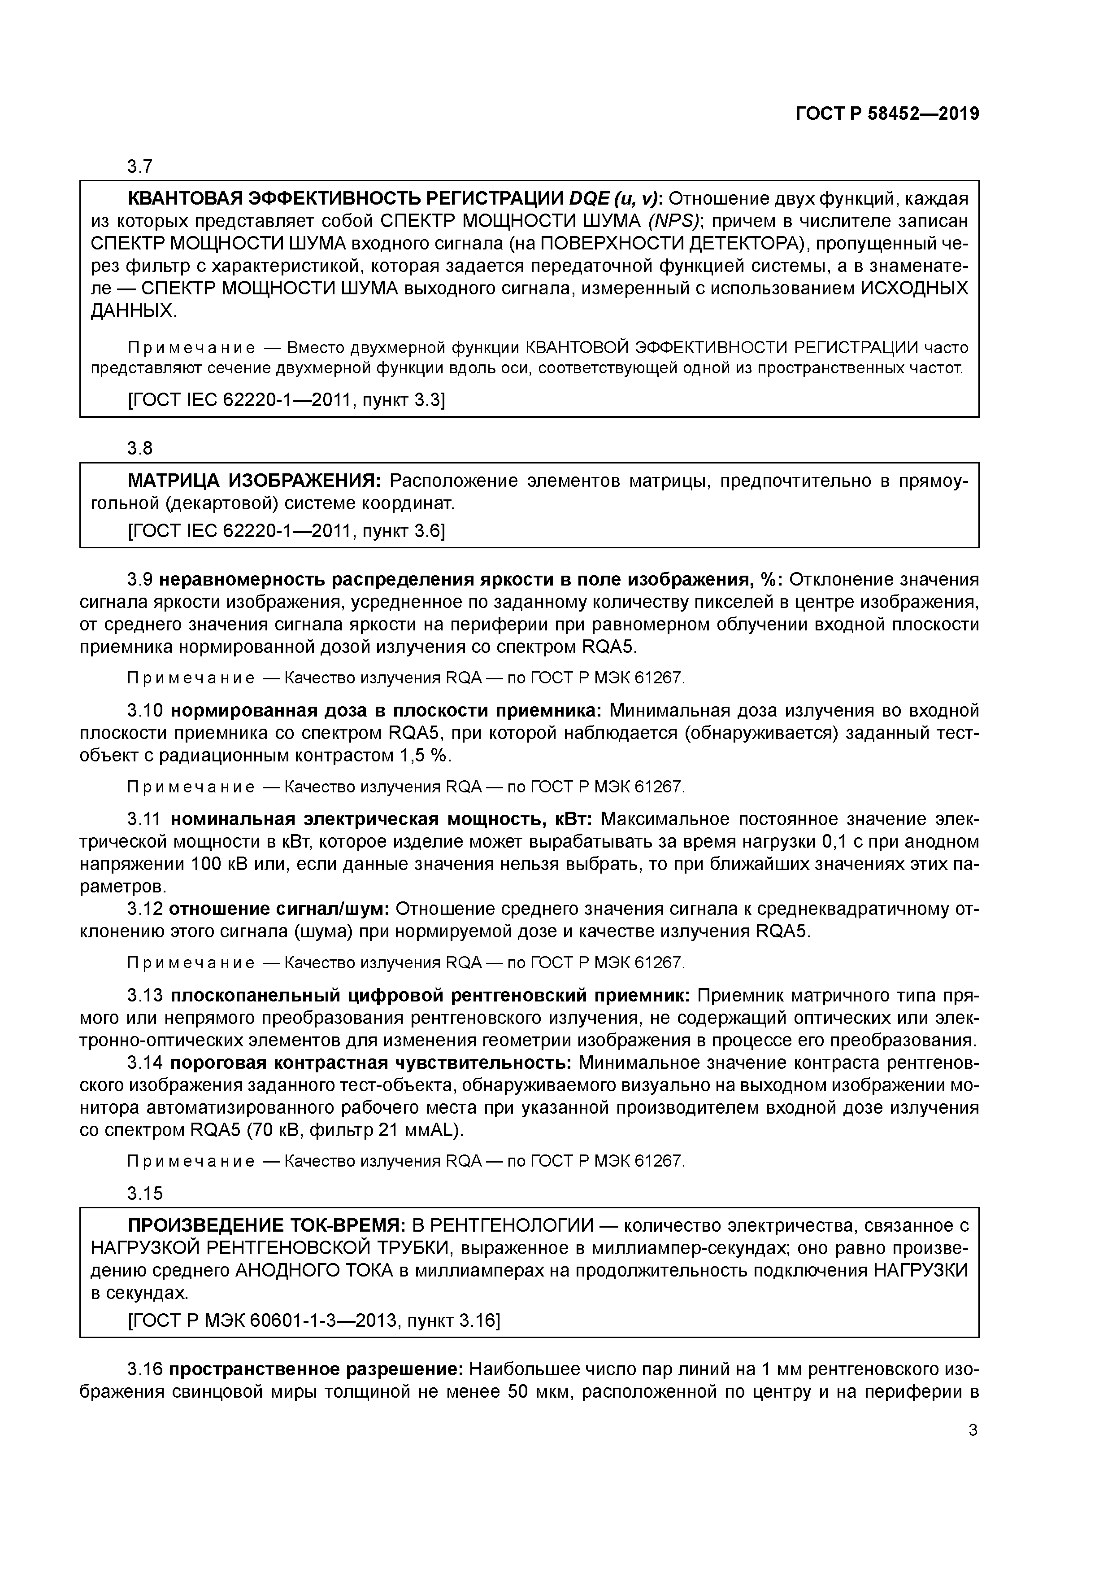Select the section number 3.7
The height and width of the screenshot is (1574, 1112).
pyautogui.click(x=140, y=166)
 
